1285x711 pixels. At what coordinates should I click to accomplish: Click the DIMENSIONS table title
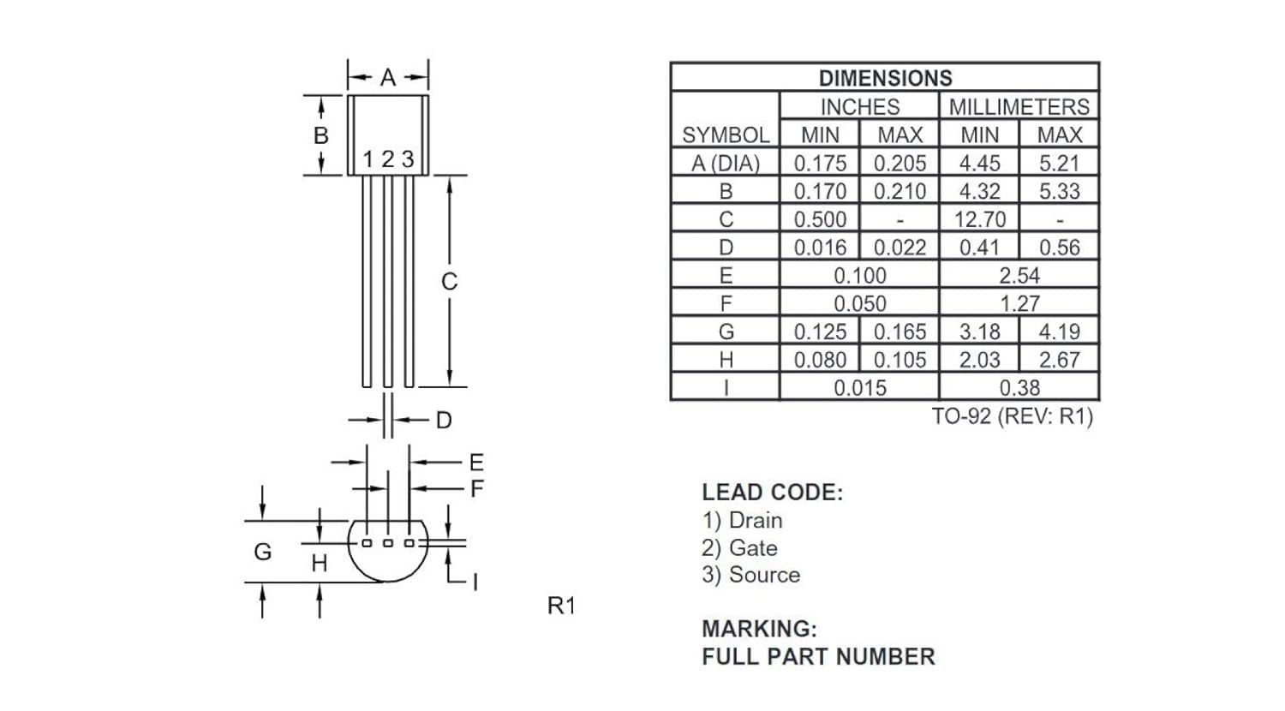click(885, 78)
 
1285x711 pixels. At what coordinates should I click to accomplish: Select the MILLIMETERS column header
click(1019, 107)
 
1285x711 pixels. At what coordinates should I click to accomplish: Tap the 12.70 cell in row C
click(980, 219)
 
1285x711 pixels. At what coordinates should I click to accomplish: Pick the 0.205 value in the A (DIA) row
click(899, 163)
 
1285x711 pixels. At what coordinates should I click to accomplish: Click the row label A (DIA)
click(726, 163)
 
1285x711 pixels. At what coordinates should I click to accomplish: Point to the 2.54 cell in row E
click(1019, 276)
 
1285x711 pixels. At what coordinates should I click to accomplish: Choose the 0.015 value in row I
click(860, 388)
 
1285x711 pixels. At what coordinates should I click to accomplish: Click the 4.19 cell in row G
click(1060, 332)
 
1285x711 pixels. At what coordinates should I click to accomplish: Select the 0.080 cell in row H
click(820, 360)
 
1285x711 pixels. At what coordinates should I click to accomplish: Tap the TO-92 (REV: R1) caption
click(1013, 416)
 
